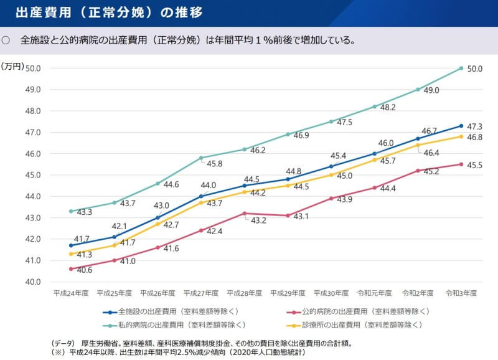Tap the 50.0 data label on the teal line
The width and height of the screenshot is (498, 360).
point(475,69)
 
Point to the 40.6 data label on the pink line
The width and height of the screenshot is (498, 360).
point(85,270)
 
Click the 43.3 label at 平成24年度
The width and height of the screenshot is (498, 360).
point(85,212)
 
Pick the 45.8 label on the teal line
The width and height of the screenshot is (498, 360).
point(215,164)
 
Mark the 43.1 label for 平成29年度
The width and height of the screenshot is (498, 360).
point(302,216)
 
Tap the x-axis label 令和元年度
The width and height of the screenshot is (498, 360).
point(374,293)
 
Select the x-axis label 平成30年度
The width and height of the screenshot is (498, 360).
point(331,293)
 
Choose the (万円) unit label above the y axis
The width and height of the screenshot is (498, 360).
point(12,65)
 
